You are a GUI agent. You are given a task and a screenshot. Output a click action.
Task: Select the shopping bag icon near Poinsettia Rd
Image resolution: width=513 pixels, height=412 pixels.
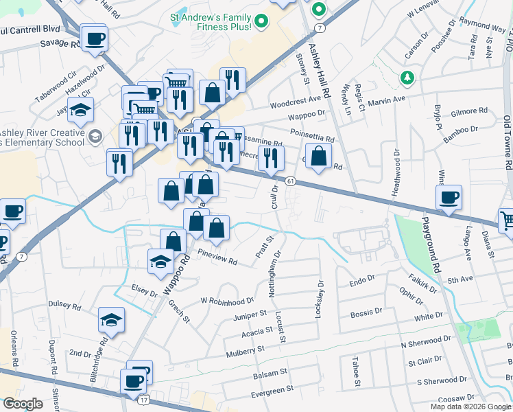319,157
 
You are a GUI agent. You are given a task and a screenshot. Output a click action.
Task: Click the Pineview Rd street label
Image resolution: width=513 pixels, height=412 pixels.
217,262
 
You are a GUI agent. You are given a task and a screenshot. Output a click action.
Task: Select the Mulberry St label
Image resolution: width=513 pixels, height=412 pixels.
245,351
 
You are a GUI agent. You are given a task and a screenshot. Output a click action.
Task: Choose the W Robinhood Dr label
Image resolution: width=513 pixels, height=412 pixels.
227,301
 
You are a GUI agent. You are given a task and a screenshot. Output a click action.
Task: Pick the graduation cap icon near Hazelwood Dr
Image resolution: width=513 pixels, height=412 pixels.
80,110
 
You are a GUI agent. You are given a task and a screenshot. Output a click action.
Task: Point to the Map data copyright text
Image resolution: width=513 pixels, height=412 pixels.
470,407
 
